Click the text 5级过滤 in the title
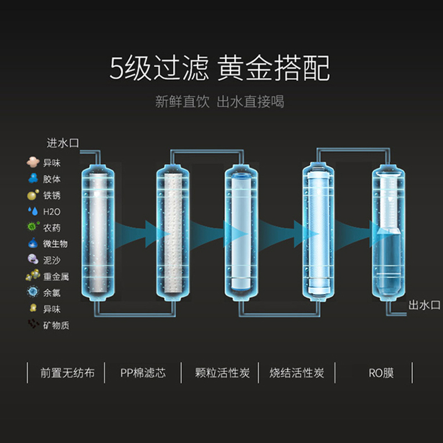158,70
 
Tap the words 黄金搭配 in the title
274,70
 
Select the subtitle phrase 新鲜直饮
182,102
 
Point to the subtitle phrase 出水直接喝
250,102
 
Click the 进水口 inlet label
63,143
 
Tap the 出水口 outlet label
424,305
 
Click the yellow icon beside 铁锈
33,195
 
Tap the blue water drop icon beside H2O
32,211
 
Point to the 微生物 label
55,244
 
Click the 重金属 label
55,276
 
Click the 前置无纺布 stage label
68,373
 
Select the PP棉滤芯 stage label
143,373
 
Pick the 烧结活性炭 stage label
297,373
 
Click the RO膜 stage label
381,373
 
